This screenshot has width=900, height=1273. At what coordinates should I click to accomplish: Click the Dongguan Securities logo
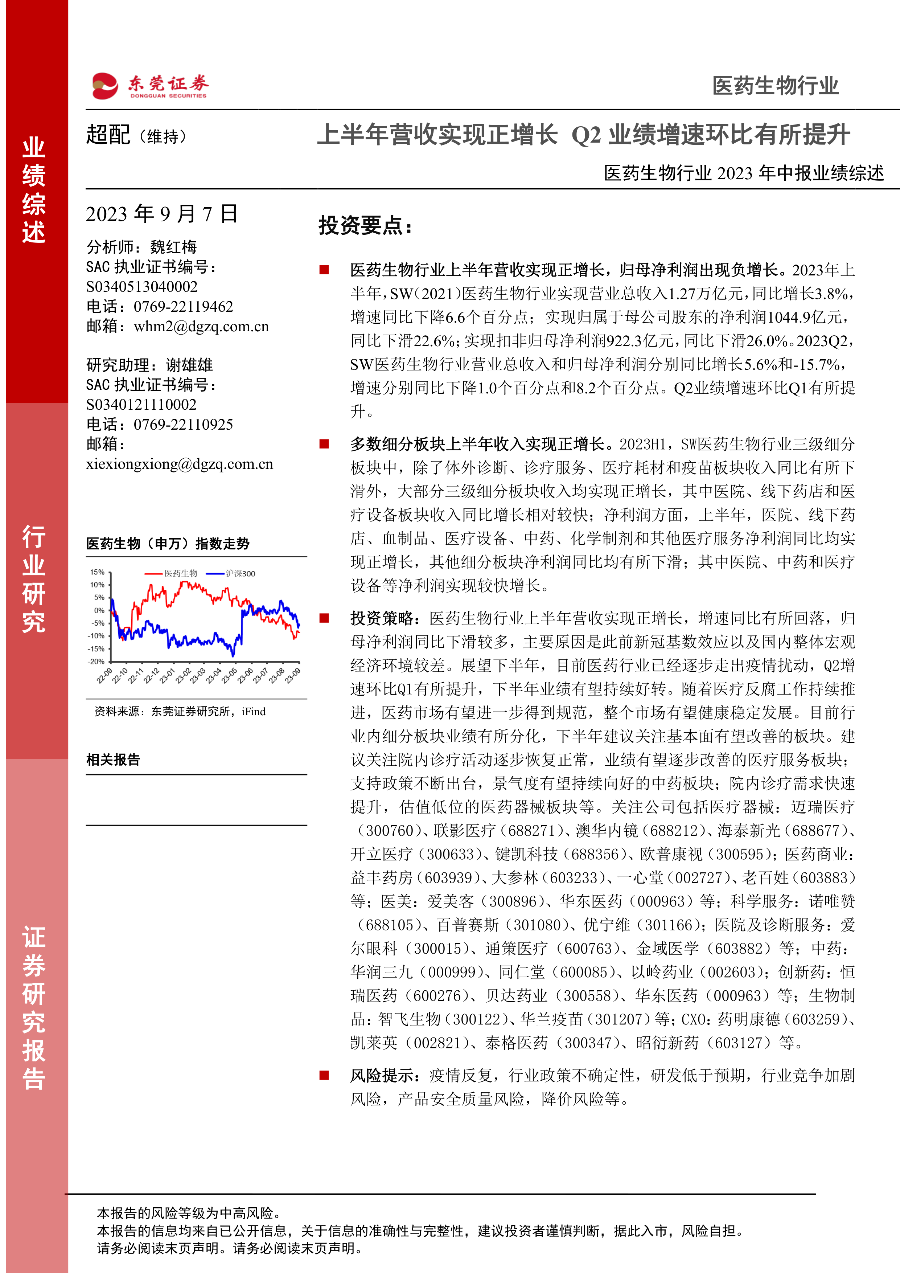(149, 86)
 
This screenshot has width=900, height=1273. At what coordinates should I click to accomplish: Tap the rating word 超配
(108, 135)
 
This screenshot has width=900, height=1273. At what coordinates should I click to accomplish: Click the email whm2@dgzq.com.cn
(201, 327)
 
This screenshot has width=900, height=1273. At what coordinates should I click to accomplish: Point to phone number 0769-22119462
(184, 307)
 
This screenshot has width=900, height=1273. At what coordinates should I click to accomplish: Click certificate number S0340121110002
(141, 405)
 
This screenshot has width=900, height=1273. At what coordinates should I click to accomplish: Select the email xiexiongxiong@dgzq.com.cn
(180, 464)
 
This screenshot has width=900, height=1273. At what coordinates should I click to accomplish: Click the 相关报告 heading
(113, 760)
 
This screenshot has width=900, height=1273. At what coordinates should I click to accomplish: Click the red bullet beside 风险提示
(324, 1076)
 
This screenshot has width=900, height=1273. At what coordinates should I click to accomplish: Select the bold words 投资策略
(382, 618)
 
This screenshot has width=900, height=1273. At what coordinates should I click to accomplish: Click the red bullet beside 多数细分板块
(324, 444)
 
